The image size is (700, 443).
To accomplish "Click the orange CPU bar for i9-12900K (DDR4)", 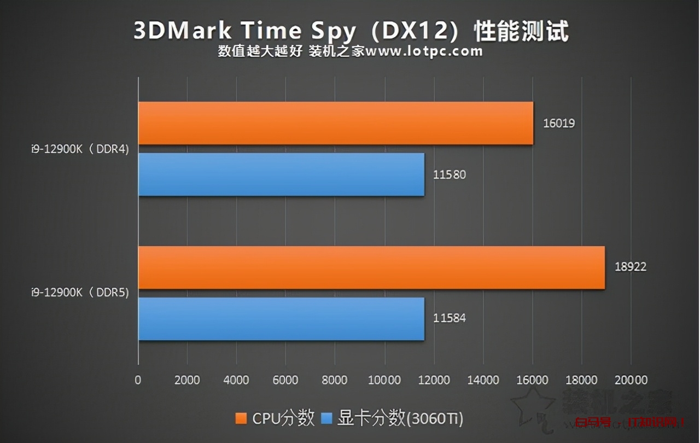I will (x=335, y=123).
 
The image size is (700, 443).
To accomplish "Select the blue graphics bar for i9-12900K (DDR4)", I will (x=281, y=174).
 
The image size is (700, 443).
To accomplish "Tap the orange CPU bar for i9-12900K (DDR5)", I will (x=371, y=267).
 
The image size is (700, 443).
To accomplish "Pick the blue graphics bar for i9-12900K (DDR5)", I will (x=281, y=319).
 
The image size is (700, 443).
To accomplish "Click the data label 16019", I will (x=558, y=123).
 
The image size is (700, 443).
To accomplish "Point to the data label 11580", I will (x=450, y=175).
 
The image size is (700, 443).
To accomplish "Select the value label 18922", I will (x=630, y=267).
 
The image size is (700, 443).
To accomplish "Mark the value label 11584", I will (x=450, y=318).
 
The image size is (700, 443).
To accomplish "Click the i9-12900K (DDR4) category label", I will (x=80, y=149).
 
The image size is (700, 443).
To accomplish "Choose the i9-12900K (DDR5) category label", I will (x=80, y=293).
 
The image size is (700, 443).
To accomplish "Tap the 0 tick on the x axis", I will (x=138, y=380).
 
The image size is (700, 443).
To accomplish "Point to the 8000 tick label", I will (x=335, y=380).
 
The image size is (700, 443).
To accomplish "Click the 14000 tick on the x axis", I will (x=483, y=380).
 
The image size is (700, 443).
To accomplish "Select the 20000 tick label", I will (x=631, y=380).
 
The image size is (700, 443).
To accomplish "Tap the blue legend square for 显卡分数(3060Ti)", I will (x=326, y=419).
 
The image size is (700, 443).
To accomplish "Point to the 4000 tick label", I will (x=236, y=380).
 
